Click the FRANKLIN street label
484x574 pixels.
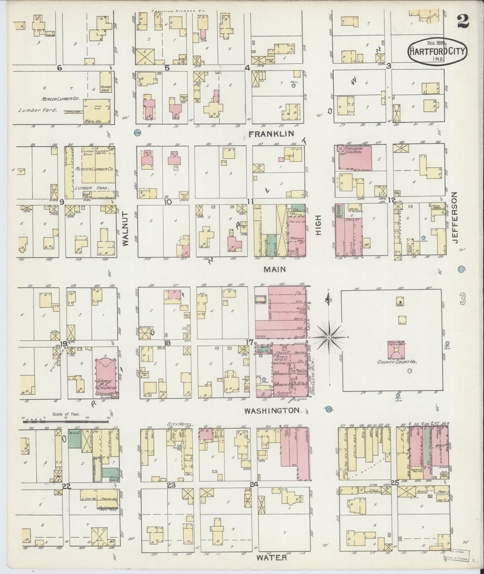[x=271, y=134]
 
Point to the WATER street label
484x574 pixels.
[x=272, y=557]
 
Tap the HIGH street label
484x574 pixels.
[x=318, y=226]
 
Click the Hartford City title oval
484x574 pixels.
[x=437, y=51]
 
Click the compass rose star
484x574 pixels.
[x=329, y=338]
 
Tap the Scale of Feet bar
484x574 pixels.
[x=65, y=421]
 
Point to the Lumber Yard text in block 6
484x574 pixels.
[x=38, y=110]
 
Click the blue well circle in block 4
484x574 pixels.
[x=293, y=86]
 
